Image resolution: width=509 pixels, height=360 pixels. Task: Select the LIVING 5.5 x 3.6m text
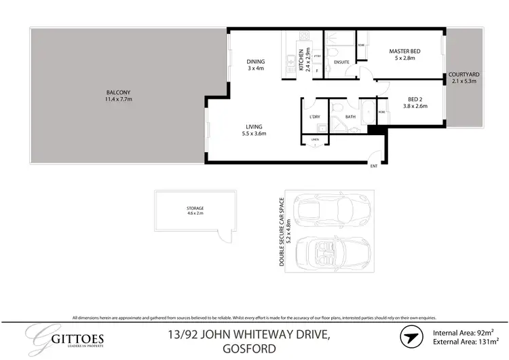click(x=254, y=130)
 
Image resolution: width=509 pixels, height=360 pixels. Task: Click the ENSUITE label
click(x=341, y=62)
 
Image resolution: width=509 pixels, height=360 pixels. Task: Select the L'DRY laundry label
click(x=315, y=117)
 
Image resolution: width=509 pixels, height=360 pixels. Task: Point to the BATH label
click(x=350, y=117)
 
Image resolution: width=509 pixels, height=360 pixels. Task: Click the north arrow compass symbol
click(x=410, y=337)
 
